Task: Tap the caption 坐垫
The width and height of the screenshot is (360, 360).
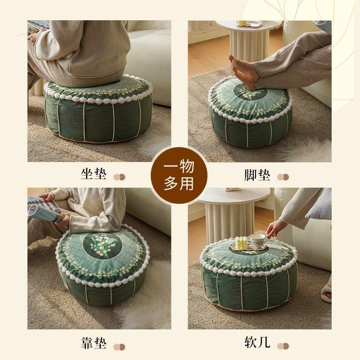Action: point(94,174)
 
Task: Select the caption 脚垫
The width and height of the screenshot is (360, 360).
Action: point(257,175)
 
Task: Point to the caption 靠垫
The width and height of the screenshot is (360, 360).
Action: point(94,343)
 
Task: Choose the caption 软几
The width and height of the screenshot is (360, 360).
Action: point(257,343)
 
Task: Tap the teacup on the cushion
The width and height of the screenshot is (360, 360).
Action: point(258,241)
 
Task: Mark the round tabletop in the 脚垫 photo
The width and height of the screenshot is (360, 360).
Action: point(248,25)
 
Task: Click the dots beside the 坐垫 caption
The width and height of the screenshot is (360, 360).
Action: point(119,177)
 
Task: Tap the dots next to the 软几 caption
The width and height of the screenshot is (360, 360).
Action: point(283,346)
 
